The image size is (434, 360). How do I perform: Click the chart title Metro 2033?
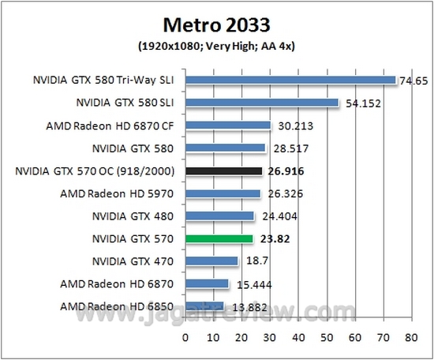coord(217,22)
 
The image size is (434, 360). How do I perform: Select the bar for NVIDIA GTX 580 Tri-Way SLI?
coord(290,80)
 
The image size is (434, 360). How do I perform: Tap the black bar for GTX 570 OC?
coord(223,171)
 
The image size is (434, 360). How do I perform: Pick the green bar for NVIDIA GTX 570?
coord(219,238)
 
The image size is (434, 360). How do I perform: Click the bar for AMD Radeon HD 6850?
coord(204,306)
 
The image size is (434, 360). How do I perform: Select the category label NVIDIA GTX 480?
coord(133,216)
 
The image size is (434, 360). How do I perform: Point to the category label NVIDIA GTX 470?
coord(133,261)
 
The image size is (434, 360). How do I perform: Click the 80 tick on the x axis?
coord(410,336)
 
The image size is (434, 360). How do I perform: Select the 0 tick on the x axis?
coord(185,336)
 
